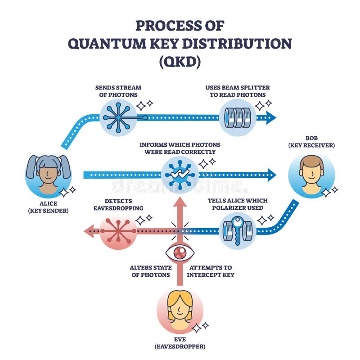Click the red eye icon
[180, 252]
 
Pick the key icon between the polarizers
[238, 231]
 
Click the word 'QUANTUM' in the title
[108, 44]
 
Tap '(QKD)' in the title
[180, 62]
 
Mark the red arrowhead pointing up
[180, 202]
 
